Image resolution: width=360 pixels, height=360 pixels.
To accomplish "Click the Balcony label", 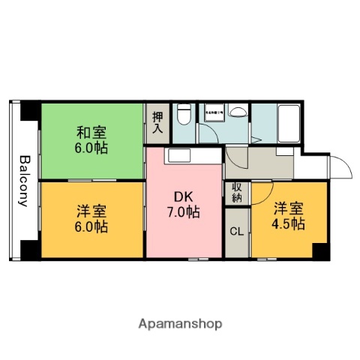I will click(24, 181).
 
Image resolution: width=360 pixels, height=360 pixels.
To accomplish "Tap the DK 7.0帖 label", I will click(184, 205).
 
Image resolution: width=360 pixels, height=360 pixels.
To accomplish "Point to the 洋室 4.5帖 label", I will click(288, 215).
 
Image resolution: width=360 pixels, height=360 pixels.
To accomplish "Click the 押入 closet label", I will click(157, 122).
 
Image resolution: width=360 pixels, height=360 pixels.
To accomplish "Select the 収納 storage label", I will click(236, 193).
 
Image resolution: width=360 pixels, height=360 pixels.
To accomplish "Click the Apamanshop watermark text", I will click(180, 325).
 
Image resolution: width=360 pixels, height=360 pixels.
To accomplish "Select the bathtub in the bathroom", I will click(288, 120).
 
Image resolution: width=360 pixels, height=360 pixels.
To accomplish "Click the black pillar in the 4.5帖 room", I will click(319, 251).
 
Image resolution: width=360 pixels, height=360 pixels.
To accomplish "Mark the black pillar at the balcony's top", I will click(28, 110).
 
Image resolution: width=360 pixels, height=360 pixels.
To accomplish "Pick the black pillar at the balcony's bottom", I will click(28, 250).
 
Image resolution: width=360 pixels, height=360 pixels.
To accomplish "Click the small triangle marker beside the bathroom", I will click(255, 139).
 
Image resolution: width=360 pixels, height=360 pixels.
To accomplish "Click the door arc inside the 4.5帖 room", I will click(262, 193).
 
